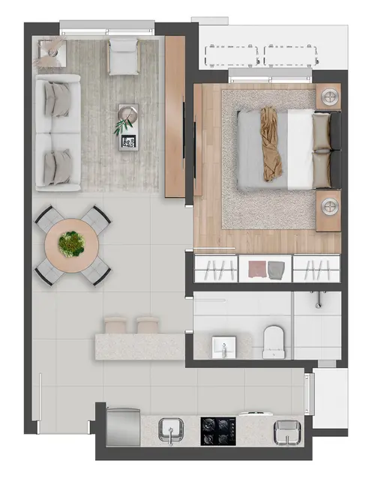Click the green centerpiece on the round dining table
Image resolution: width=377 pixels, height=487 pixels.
coord(72,243)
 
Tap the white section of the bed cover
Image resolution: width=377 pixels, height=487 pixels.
coord(300,149)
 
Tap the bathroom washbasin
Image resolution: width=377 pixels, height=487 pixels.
coord(223,347)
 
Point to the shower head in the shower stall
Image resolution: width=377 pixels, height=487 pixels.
coord(319,300)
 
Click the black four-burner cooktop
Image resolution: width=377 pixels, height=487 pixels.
coord(219,430)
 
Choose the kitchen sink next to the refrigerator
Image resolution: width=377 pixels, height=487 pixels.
coord(172,431)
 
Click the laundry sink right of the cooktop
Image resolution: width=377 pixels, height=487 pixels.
coord(286,431)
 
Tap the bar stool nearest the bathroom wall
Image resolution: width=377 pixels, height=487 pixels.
coord(147,324)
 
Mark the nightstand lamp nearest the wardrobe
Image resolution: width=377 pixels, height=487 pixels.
coord(328,204)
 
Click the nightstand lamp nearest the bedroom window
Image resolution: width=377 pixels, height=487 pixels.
coord(328,96)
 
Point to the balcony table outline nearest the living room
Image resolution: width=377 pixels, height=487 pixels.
coord(232,55)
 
